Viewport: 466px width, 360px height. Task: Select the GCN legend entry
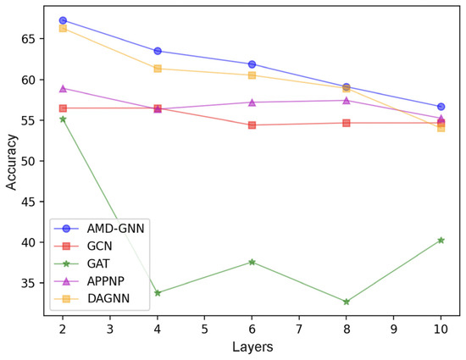pos(94,246)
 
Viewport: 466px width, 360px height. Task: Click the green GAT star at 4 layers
pos(158,293)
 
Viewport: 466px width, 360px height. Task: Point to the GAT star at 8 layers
pos(347,302)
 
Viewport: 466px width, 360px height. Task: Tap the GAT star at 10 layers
pos(441,241)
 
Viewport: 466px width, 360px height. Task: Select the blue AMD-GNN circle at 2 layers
pos(64,19)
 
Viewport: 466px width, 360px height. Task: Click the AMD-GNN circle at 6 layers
pos(252,64)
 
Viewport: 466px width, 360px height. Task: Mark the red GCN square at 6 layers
pos(252,125)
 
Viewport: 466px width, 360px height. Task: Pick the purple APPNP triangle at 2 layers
pos(64,88)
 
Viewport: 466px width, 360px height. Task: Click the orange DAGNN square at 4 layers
pos(158,69)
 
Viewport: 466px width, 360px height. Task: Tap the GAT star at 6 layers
pos(252,263)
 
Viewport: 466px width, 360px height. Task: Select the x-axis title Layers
pos(252,348)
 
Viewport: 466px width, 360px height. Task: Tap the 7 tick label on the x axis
pos(299,329)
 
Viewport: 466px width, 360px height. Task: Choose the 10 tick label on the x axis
pos(441,329)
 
